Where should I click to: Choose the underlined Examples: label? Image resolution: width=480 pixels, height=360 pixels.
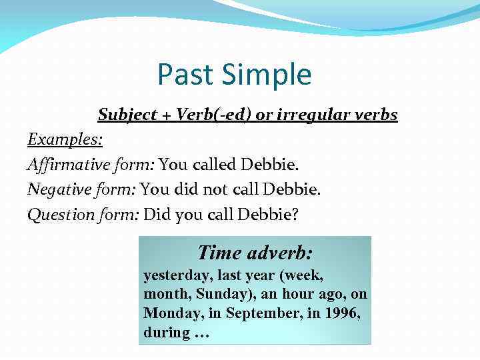[65, 139]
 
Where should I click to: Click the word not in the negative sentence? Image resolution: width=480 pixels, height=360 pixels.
[215, 189]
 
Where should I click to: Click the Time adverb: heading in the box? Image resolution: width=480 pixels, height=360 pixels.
[255, 253]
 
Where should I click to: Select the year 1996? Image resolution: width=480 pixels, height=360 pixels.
[346, 313]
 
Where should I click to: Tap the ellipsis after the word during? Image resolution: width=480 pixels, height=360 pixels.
[201, 333]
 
